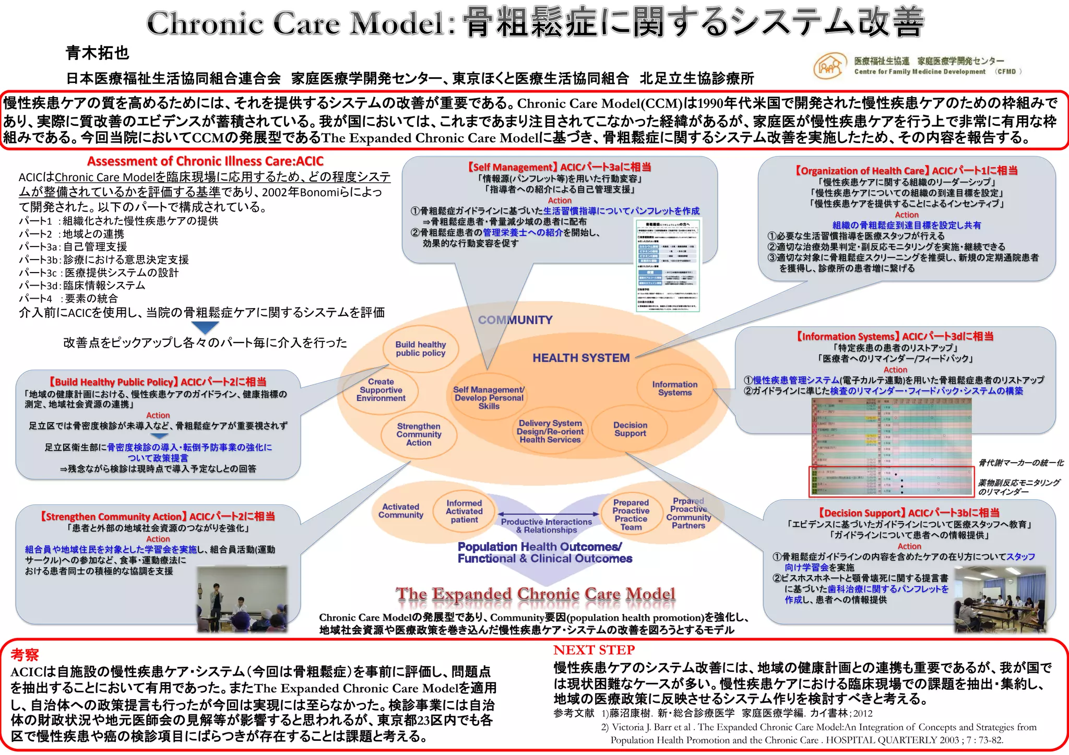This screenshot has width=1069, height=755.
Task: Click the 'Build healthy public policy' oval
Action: tap(420, 349)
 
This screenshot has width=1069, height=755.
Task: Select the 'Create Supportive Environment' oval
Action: tap(381, 390)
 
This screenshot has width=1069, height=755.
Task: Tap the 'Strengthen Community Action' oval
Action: tap(419, 434)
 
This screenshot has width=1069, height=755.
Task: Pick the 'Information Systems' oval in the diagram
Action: tap(674, 388)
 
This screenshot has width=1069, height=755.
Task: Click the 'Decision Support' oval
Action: tap(630, 429)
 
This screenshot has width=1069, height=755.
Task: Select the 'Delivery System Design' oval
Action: tap(550, 432)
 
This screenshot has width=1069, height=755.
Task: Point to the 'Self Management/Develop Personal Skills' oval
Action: tap(489, 398)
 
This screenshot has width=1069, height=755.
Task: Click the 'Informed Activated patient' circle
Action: tap(464, 512)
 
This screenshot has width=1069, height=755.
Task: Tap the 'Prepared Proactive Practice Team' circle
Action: tap(631, 515)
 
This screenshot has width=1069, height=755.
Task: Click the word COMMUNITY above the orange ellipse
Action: tap(515, 320)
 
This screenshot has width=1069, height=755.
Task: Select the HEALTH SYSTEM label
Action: tap(580, 358)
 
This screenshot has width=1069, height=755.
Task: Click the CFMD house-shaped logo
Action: tap(829, 66)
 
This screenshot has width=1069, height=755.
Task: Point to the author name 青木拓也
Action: tap(98, 53)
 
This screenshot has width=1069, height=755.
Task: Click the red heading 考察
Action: tap(25, 655)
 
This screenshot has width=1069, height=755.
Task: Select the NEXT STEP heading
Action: tap(594, 650)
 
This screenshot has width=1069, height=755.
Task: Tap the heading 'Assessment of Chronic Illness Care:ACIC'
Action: tap(205, 161)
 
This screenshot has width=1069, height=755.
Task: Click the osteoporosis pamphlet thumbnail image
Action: tap(668, 266)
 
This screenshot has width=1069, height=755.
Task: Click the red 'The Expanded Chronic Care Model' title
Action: tap(536, 594)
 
